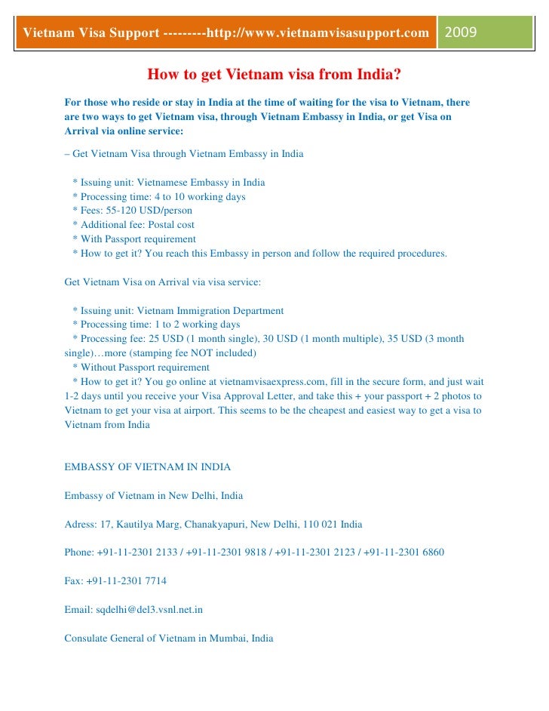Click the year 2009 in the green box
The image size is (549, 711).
point(461,33)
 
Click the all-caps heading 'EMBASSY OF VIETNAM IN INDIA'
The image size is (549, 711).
point(148,467)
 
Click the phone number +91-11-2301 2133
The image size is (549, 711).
point(137,552)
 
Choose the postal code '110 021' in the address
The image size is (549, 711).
point(318,524)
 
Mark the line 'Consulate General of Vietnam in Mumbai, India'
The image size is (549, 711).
point(169,639)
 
